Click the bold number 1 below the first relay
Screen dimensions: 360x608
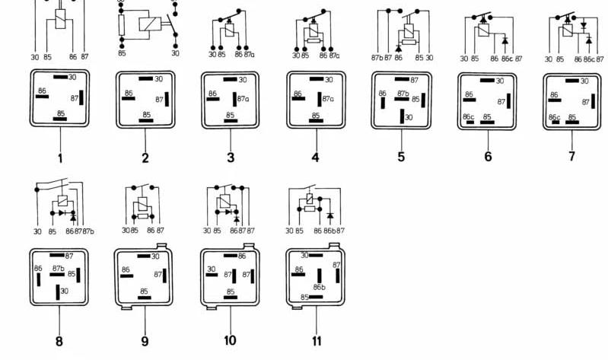pyautogui.click(x=59, y=158)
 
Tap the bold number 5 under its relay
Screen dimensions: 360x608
pyautogui.click(x=402, y=158)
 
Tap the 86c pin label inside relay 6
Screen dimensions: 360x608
pyautogui.click(x=470, y=116)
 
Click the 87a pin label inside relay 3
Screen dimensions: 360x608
pyautogui.click(x=244, y=98)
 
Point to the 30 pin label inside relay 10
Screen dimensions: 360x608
pyautogui.click(x=212, y=269)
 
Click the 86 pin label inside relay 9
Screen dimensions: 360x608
pyautogui.click(x=126, y=269)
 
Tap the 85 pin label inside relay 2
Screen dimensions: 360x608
pyautogui.click(x=147, y=114)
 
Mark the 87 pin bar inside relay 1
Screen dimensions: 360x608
pyautogui.click(x=81, y=99)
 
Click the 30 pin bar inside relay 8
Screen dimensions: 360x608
pyautogui.click(x=57, y=291)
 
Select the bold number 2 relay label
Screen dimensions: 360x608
pyautogui.click(x=145, y=158)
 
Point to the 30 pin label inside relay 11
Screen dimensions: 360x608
pyautogui.click(x=304, y=256)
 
